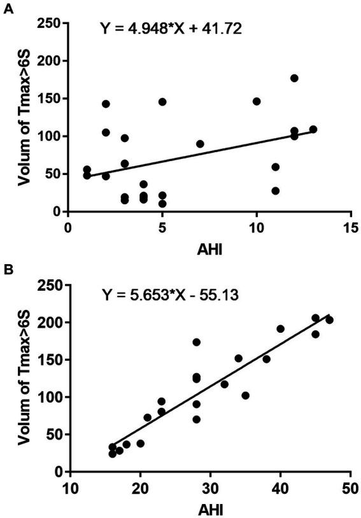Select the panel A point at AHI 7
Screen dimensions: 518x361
click(x=200, y=144)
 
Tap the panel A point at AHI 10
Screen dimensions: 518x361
click(x=257, y=101)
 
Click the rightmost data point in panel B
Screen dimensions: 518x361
click(x=329, y=320)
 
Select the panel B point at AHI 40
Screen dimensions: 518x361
click(x=280, y=329)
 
